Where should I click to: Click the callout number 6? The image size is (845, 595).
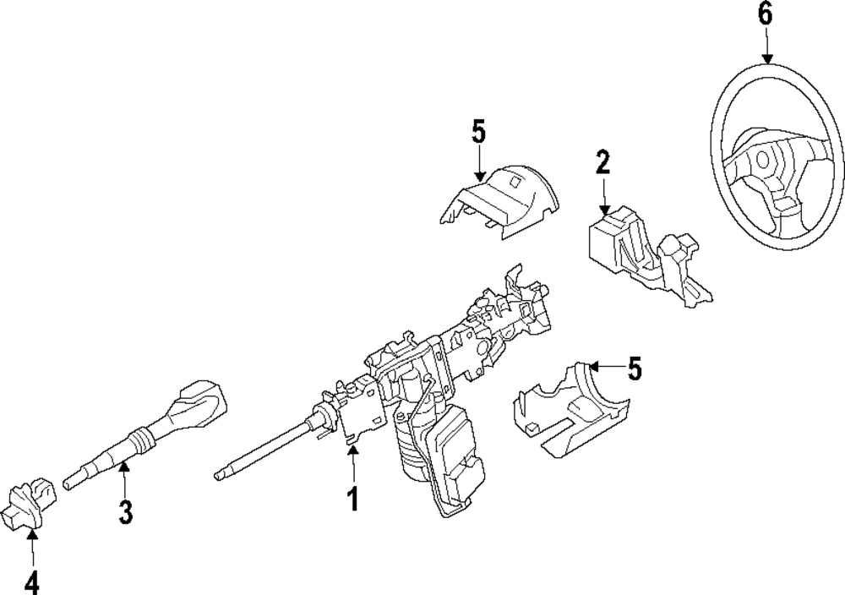(x=766, y=14)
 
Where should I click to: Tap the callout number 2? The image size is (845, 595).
(x=602, y=161)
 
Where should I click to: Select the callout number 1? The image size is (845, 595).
(x=353, y=499)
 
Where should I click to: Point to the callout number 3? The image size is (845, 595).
(x=125, y=512)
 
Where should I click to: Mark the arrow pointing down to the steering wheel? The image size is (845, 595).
(x=766, y=46)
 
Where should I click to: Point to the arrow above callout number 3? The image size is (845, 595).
(x=124, y=478)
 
